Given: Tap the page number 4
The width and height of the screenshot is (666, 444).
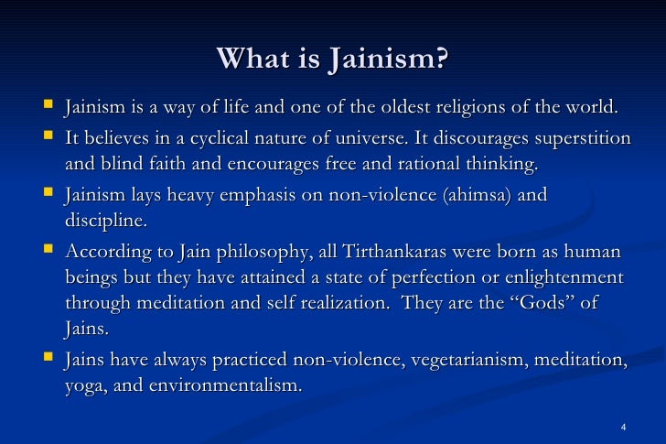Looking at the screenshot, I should point(622,428).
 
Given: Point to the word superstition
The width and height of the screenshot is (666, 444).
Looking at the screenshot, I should point(575,139).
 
